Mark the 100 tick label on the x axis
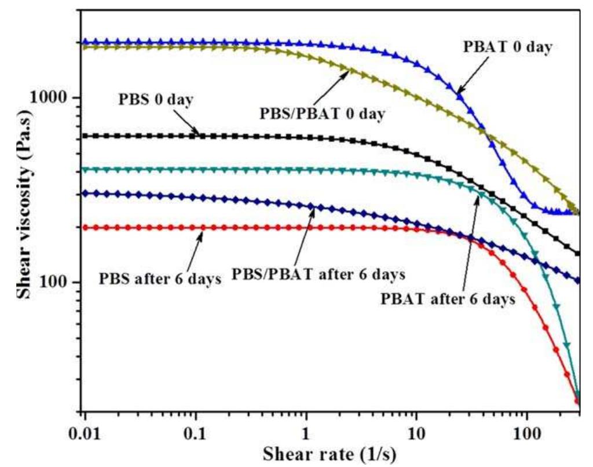[526, 431]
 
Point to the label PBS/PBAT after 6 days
[318, 274]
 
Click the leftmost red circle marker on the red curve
[86, 228]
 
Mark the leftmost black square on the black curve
[86, 136]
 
